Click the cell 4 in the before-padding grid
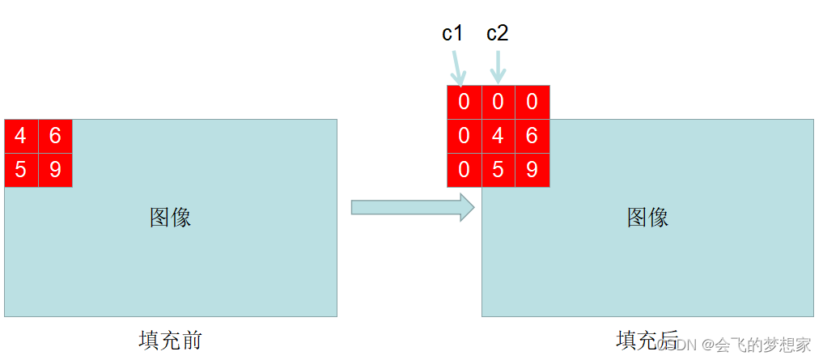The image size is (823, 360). point(21,136)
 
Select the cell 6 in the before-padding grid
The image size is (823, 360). point(55,136)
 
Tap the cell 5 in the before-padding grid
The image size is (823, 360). point(21,170)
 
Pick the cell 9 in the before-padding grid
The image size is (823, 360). point(55,170)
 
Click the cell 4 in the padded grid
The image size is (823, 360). point(498,136)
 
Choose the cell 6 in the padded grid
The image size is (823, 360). point(532,136)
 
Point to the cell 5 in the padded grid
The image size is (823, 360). point(498,170)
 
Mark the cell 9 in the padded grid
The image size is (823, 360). point(532,170)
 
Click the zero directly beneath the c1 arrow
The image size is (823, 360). point(464,102)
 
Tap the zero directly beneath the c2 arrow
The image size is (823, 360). point(498,102)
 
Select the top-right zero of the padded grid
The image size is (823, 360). point(532,102)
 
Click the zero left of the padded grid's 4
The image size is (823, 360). point(464,136)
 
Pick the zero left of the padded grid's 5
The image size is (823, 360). point(464,170)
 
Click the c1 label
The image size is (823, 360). point(452,33)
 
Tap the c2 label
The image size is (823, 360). point(497,33)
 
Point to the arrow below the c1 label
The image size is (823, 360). point(458,67)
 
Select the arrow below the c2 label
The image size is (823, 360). point(498,67)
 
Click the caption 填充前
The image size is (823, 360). point(170,341)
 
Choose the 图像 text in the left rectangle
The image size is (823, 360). point(170,217)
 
